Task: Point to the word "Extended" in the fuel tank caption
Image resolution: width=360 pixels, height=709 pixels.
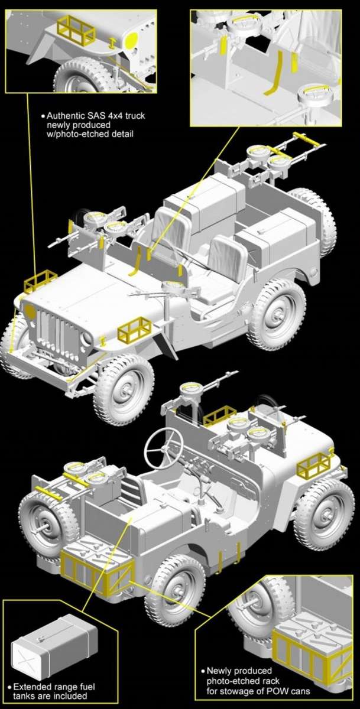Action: [x=32, y=687]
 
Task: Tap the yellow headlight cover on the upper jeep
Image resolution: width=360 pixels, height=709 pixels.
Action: [x=29, y=313]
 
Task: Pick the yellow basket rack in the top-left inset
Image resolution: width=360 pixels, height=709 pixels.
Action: [x=76, y=30]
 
